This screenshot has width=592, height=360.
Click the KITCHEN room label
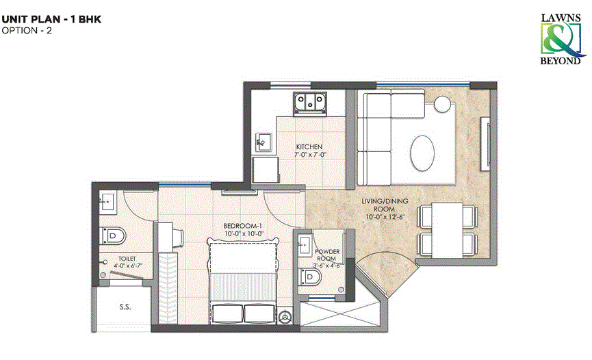(309, 147)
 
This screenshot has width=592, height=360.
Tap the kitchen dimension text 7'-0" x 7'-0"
(309, 155)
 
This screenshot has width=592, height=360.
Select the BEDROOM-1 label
(241, 226)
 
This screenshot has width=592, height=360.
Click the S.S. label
(125, 307)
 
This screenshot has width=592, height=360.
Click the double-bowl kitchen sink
(309, 102)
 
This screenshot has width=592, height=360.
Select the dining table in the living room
(448, 229)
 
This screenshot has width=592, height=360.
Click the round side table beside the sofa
(442, 103)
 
